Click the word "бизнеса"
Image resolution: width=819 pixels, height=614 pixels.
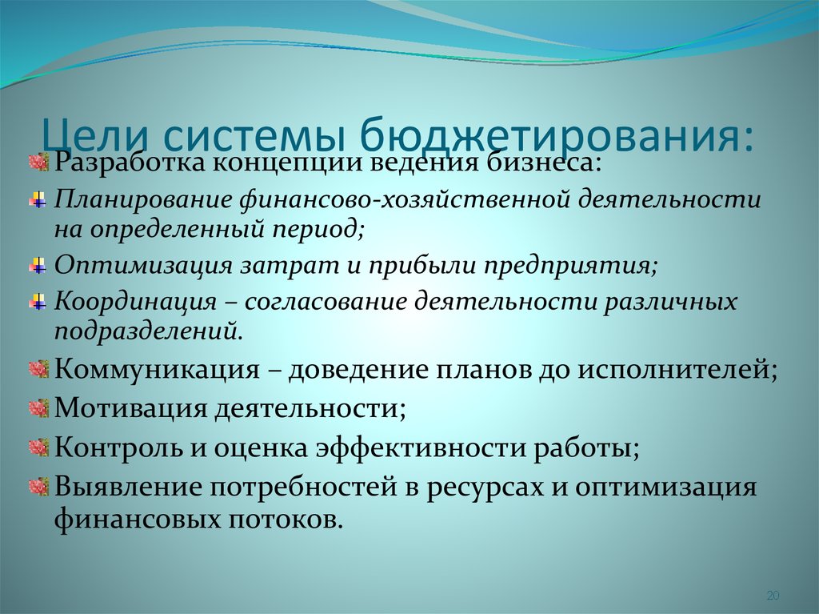(x=545, y=162)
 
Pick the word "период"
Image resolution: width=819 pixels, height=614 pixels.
(x=317, y=230)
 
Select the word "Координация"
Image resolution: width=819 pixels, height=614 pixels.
(x=135, y=302)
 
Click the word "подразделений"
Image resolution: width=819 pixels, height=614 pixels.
(x=148, y=331)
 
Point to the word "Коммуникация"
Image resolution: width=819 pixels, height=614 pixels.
(x=157, y=369)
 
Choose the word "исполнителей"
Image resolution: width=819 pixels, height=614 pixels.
(x=677, y=370)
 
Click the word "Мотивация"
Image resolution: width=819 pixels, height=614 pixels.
(x=130, y=408)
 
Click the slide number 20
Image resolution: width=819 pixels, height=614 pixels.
(x=773, y=595)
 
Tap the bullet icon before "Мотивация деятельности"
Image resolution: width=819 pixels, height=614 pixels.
(x=39, y=408)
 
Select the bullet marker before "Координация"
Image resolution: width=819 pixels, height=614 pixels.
(x=38, y=302)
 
